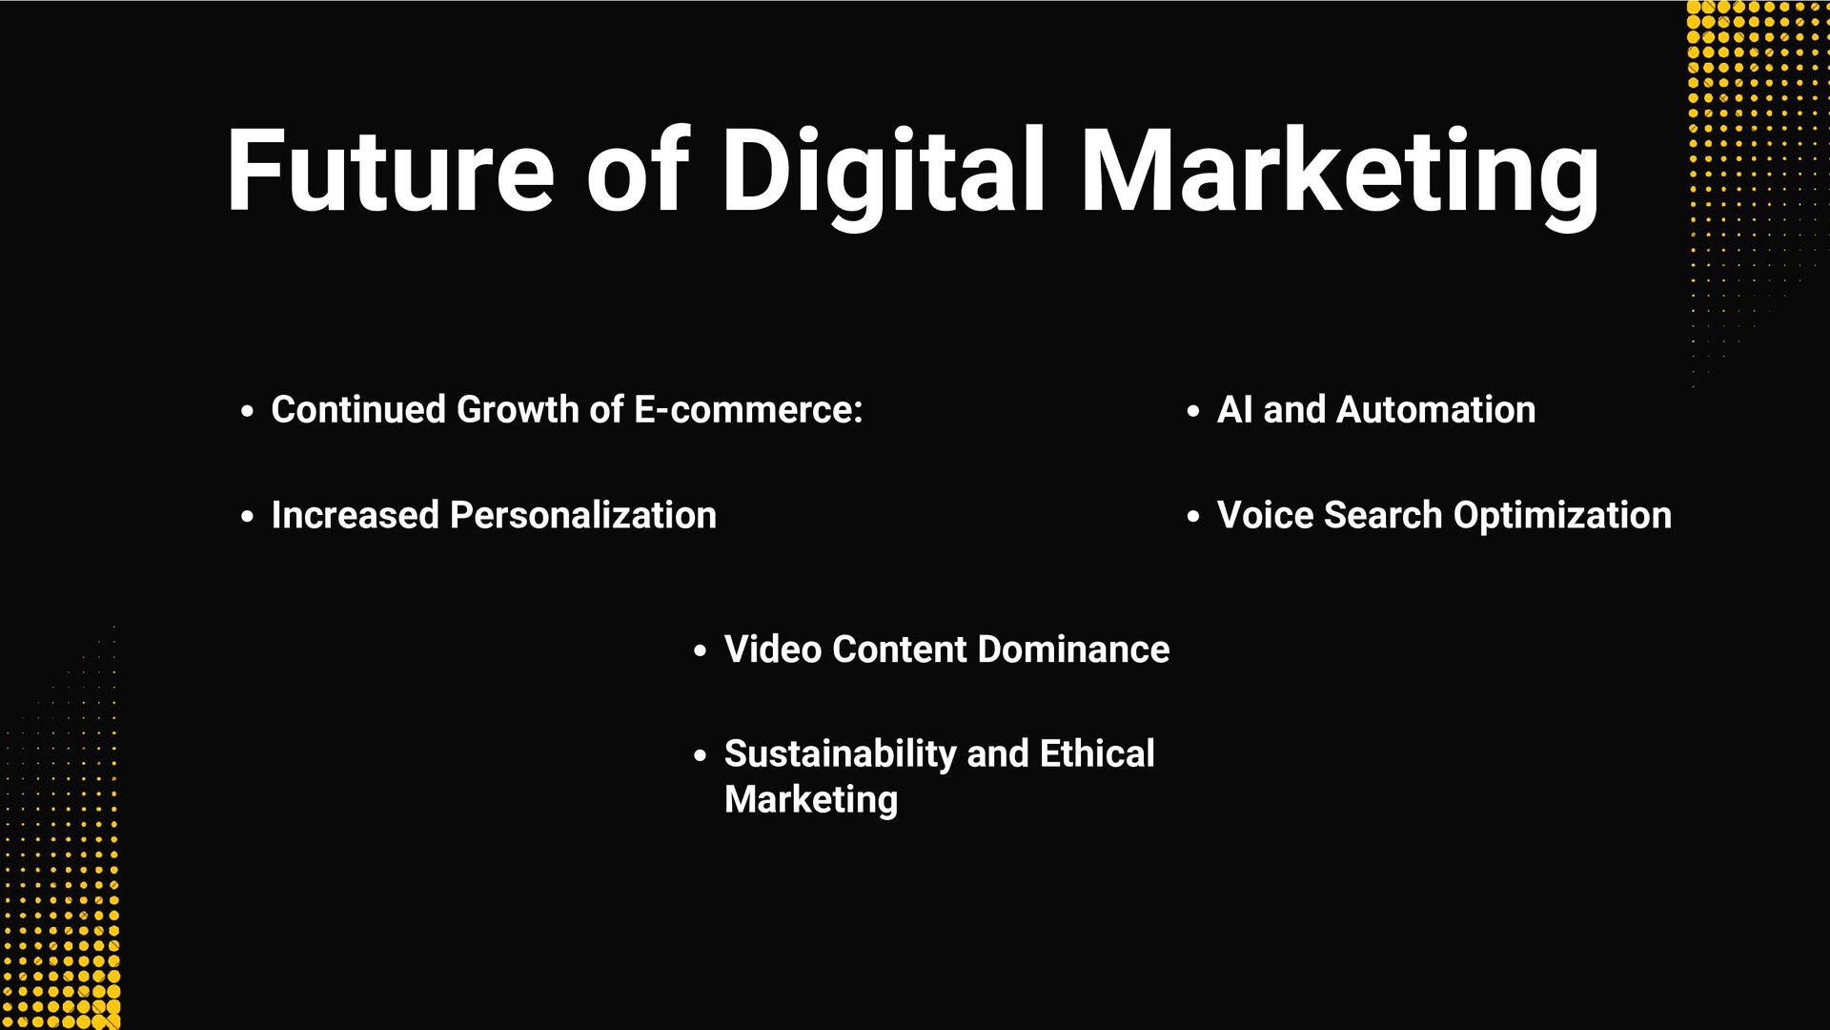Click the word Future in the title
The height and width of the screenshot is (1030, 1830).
pos(390,172)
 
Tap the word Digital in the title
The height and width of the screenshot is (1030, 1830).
pos(884,172)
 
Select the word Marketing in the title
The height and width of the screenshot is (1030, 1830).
pos(1340,172)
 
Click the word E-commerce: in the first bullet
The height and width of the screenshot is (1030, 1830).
pos(748,410)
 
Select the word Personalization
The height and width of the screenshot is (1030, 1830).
pos(583,516)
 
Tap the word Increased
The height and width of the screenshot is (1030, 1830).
pos(355,516)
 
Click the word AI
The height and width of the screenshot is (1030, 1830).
pos(1234,410)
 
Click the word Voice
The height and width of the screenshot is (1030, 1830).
pos(1265,516)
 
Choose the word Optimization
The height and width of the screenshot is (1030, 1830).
pos(1562,516)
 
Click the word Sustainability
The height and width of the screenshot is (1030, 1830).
pos(840,754)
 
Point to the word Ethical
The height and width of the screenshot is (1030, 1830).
pos(1097,754)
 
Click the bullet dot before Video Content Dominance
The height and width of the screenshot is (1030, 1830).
pos(701,651)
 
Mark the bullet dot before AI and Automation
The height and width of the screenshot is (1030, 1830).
pos(1193,412)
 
